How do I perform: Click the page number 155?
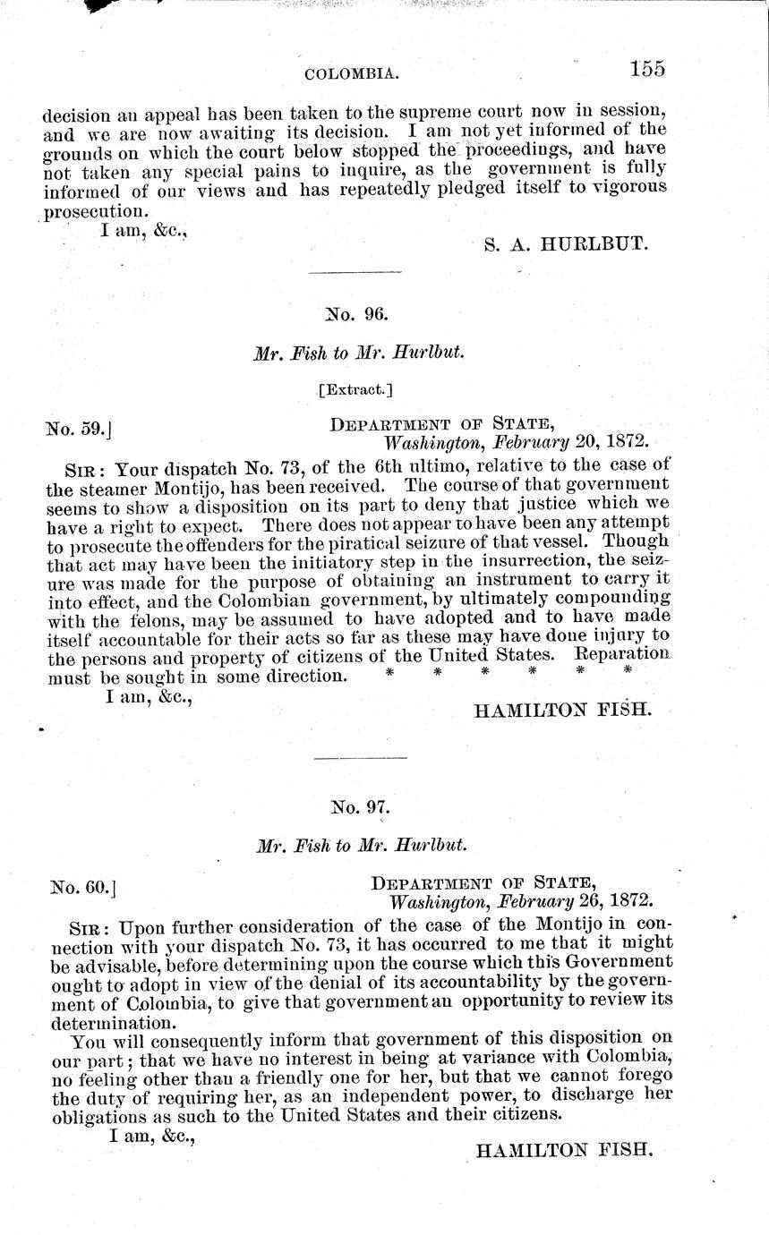point(647,69)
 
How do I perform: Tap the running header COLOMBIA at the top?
point(352,73)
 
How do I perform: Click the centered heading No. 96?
point(356,314)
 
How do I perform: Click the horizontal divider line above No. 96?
point(344,272)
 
